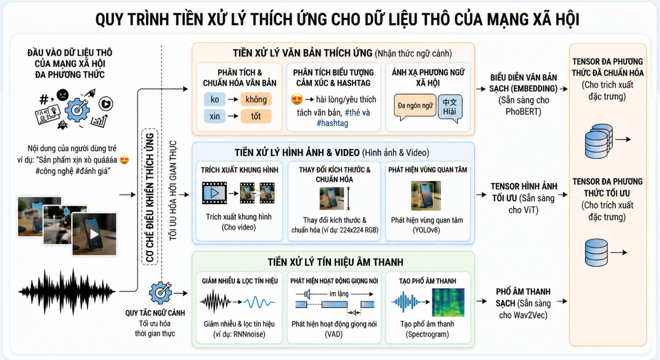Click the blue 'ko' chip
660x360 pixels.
click(x=214, y=100)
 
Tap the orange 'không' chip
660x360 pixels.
click(x=256, y=100)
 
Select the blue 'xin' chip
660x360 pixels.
click(x=214, y=116)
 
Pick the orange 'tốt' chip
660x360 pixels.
click(x=256, y=116)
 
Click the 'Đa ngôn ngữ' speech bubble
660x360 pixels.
click(x=415, y=106)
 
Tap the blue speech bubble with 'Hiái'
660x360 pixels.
click(x=450, y=108)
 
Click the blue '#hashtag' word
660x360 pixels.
click(x=333, y=123)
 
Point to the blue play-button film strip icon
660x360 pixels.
click(x=214, y=193)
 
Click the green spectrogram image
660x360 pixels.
click(x=448, y=302)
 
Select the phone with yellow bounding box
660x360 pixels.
click(x=426, y=195)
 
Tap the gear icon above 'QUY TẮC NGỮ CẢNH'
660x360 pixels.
click(x=161, y=293)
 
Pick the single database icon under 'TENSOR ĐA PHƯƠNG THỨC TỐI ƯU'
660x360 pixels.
click(x=596, y=253)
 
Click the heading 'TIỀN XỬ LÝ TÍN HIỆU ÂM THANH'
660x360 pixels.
click(x=335, y=262)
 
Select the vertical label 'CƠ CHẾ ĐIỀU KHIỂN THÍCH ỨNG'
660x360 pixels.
click(x=150, y=197)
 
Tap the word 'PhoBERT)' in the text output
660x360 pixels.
click(x=523, y=112)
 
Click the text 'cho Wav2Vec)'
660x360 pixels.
click(x=523, y=315)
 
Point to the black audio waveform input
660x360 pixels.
click(x=66, y=292)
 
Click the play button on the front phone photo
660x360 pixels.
click(x=94, y=234)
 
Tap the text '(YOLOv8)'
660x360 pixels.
click(x=426, y=230)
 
